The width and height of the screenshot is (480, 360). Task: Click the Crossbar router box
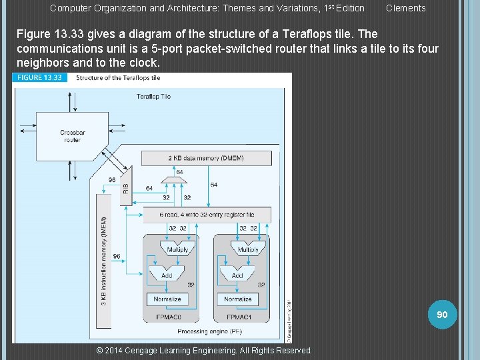pos(72,136)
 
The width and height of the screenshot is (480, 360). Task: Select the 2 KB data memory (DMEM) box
pos(206,158)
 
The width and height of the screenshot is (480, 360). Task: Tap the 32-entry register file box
pos(206,215)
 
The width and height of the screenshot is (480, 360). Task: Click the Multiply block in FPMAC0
pos(177,249)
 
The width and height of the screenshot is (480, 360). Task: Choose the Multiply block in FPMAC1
pos(247,249)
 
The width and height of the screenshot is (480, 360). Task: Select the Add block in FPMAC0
pos(167,275)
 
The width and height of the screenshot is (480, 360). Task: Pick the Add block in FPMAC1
pos(237,275)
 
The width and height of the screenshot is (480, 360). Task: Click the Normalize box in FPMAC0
pos(167,299)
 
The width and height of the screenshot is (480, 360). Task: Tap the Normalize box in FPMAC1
pos(238,299)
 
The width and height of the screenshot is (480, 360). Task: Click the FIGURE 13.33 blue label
pos(39,78)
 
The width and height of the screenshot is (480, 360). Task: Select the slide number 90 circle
pos(442,314)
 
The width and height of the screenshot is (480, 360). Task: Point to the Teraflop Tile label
pos(153,97)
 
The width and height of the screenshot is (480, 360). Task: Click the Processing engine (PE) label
pos(201,331)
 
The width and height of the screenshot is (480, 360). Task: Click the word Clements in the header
pos(405,8)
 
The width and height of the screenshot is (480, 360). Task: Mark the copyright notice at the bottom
pos(204,350)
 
